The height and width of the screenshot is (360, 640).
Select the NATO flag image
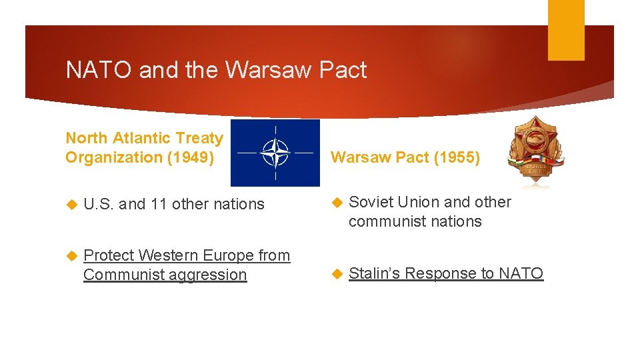click(x=275, y=153)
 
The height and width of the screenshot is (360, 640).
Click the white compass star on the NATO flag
click(x=275, y=153)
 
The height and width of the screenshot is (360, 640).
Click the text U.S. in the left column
click(x=99, y=205)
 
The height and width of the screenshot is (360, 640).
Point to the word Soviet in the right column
click(x=371, y=203)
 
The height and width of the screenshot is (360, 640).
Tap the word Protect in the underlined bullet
click(x=109, y=256)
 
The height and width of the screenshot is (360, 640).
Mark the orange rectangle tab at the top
click(x=566, y=30)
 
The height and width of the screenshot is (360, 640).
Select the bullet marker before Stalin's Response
click(x=337, y=274)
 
